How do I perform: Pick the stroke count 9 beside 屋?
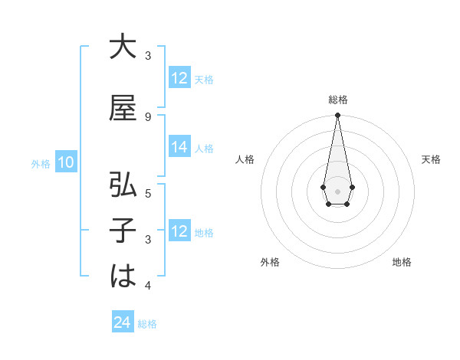coord(148,116)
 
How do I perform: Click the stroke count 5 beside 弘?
coord(148,192)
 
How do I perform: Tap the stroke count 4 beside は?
coord(148,285)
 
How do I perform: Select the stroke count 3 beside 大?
coord(148,55)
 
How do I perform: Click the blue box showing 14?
coord(179,148)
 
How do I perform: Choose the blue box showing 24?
coord(123,323)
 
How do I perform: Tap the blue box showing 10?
coord(66,162)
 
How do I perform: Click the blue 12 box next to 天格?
coord(179,78)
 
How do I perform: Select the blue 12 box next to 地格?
coord(179,231)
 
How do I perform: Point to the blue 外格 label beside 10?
coord(41,163)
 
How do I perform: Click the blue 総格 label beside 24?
coord(147,324)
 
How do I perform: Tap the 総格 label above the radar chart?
coord(338,99)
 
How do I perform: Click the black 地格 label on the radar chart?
coord(402,262)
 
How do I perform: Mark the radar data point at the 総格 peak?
coord(337,116)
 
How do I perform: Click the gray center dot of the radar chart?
coord(337,190)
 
